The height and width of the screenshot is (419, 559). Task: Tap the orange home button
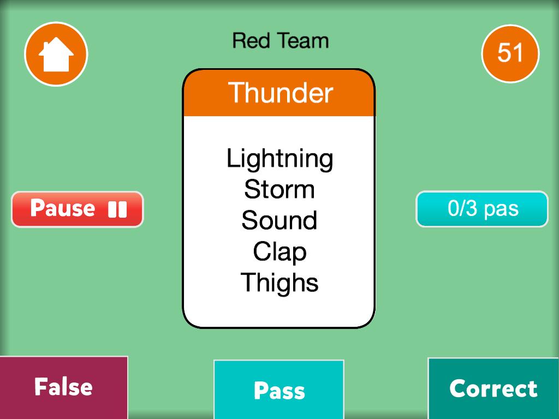pyautogui.click(x=56, y=54)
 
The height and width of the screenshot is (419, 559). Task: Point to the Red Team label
pyautogui.click(x=280, y=40)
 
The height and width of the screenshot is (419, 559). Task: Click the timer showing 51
pyautogui.click(x=510, y=53)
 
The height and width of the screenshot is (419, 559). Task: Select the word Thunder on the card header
pyautogui.click(x=280, y=92)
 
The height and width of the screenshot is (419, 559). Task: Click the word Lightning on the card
pyautogui.click(x=280, y=159)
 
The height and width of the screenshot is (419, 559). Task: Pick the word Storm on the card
pyautogui.click(x=279, y=189)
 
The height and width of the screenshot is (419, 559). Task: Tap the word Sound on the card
pyautogui.click(x=279, y=220)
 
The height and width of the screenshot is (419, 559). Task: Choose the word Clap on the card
pyautogui.click(x=280, y=252)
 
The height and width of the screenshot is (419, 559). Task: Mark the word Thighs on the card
pyautogui.click(x=279, y=283)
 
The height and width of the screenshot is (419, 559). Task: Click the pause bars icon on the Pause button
pyautogui.click(x=117, y=209)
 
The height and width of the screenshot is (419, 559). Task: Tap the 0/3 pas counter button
pyautogui.click(x=482, y=209)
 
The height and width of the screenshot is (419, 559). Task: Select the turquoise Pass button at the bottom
pyautogui.click(x=279, y=390)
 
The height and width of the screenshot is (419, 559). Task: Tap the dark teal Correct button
pyautogui.click(x=493, y=388)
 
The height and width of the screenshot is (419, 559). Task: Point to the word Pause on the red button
pyautogui.click(x=63, y=208)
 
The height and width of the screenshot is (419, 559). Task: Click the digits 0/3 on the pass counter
pyautogui.click(x=462, y=208)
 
